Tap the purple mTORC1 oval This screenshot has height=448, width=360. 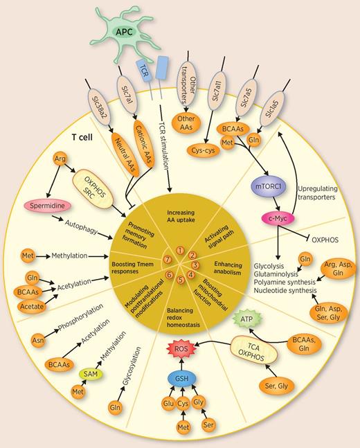pos(264,192)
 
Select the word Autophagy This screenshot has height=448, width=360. pos(82,225)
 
